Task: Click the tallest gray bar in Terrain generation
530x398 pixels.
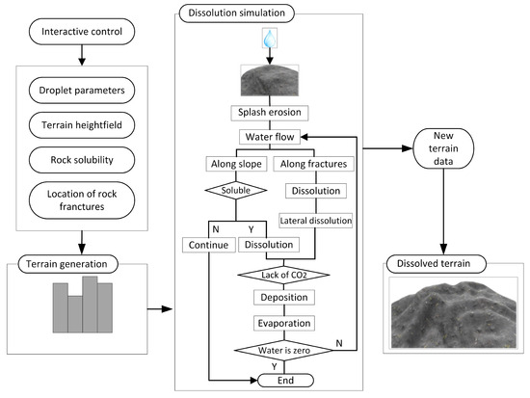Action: tap(90, 305)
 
